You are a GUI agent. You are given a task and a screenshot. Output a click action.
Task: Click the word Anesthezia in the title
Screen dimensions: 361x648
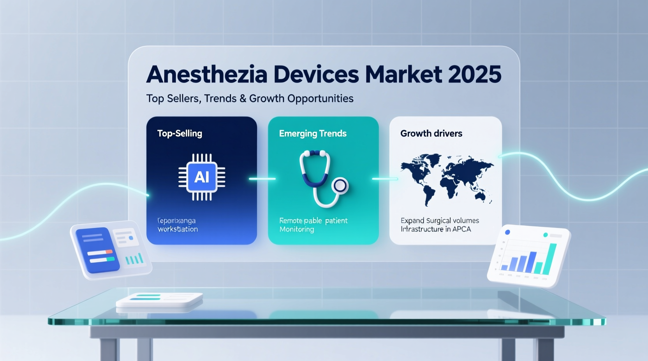click(207, 74)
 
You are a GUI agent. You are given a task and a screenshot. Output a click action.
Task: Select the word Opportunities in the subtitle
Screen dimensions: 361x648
click(320, 98)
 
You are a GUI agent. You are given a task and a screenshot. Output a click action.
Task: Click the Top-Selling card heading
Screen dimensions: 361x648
click(180, 133)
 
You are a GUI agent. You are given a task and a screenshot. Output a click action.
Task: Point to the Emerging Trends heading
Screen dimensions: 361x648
click(313, 133)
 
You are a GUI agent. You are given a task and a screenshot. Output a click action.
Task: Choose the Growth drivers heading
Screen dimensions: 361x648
click(431, 133)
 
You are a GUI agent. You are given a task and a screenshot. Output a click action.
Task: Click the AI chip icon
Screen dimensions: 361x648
click(202, 177)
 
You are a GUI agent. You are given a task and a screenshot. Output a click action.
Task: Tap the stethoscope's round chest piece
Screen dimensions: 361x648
click(340, 186)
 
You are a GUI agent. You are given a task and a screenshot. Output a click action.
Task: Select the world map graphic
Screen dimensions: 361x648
click(447, 179)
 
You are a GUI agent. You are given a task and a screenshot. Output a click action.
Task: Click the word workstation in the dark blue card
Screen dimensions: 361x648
click(178, 229)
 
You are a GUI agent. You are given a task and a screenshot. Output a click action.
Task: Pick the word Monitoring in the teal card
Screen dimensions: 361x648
click(297, 229)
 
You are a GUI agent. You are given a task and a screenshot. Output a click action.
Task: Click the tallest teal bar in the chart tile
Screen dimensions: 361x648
click(551, 258)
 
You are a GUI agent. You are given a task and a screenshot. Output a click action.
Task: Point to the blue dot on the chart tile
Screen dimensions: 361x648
click(507, 232)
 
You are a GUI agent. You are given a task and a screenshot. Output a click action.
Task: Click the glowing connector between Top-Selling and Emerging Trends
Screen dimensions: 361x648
click(262, 179)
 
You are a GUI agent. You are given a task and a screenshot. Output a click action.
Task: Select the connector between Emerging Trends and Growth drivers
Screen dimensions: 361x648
click(384, 179)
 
